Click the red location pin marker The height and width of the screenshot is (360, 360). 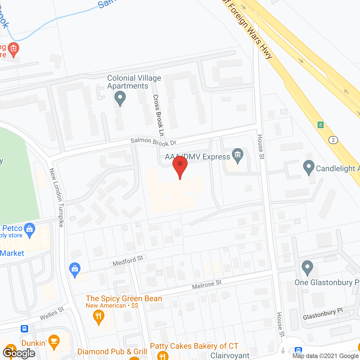click(x=180, y=165)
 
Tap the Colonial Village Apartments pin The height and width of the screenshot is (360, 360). click(x=120, y=98)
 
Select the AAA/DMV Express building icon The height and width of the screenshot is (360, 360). click(x=238, y=155)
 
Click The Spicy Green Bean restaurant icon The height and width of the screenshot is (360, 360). click(x=98, y=317)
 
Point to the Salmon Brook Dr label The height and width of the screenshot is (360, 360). click(x=153, y=141)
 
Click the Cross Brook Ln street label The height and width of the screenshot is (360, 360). click(x=158, y=115)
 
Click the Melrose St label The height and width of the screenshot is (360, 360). click(x=207, y=285)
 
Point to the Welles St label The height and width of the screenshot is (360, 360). click(x=52, y=313)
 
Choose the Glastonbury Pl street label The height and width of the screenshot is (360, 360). click(x=323, y=314)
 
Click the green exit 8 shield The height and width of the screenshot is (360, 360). click(x=320, y=125)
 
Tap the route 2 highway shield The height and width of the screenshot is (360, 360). click(x=333, y=140)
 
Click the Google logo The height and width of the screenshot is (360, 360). click(x=19, y=353)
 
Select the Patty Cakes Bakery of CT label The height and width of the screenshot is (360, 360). click(x=194, y=346)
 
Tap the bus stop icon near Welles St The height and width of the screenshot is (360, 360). click(x=24, y=328)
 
